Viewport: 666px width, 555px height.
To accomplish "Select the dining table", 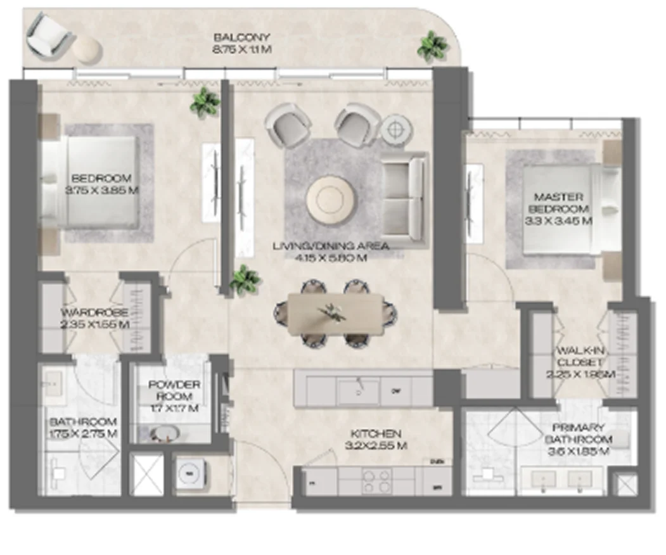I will tap(335, 314).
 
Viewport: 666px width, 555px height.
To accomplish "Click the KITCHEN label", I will tap(376, 434).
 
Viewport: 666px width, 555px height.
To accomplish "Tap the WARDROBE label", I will tap(95, 312).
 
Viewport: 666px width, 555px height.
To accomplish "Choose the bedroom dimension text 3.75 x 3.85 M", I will tap(101, 189).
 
